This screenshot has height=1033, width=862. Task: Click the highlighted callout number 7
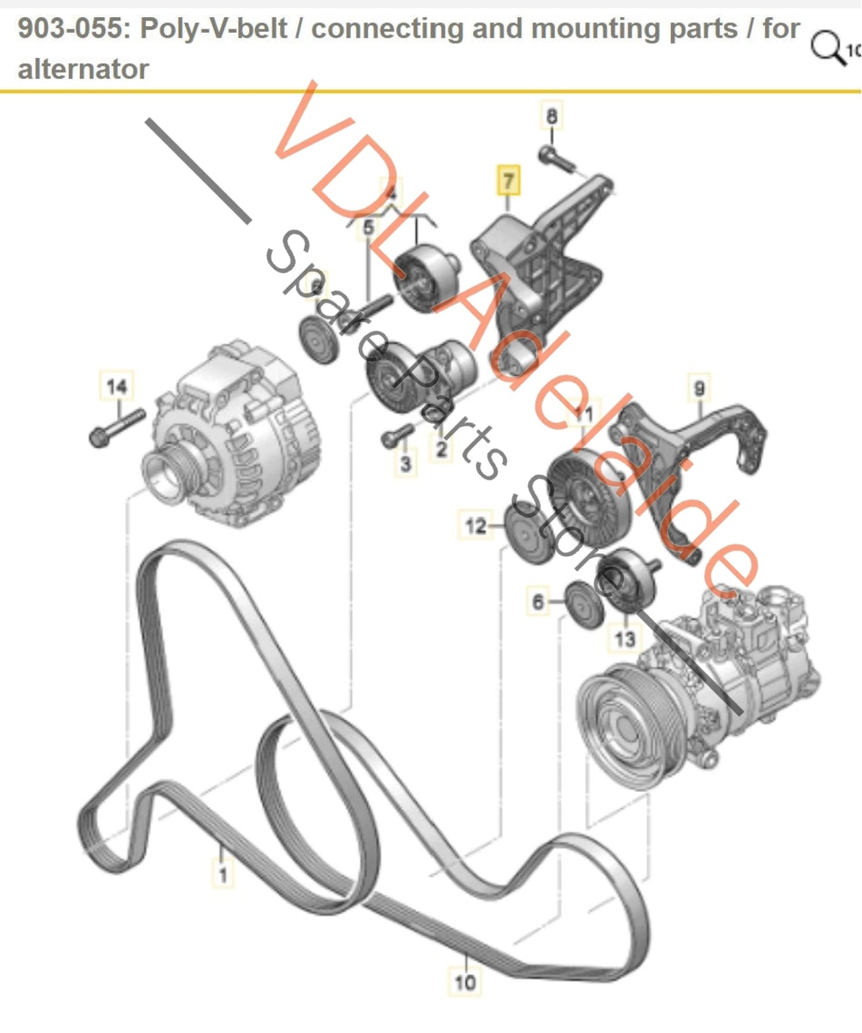(508, 181)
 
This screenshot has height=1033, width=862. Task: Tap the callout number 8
(551, 116)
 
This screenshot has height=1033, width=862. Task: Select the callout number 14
(117, 386)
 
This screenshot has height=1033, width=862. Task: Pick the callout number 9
(699, 389)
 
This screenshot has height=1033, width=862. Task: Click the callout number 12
(475, 526)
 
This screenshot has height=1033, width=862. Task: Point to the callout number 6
(538, 601)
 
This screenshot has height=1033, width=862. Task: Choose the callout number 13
(625, 639)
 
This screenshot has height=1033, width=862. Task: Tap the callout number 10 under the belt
(465, 982)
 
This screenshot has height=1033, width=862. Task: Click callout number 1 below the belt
(223, 874)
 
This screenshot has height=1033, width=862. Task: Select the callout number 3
(406, 463)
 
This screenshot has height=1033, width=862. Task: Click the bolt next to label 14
(117, 427)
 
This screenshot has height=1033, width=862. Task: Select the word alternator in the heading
(84, 69)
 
